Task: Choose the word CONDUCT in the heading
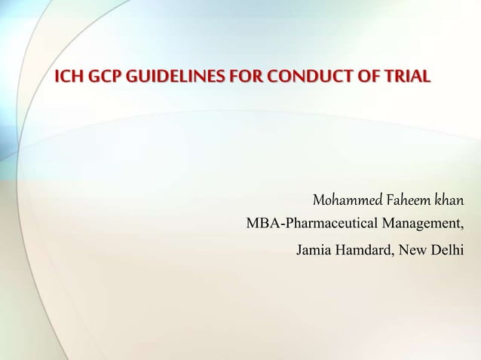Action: [x=283, y=77]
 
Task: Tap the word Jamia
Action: [x=315, y=249]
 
